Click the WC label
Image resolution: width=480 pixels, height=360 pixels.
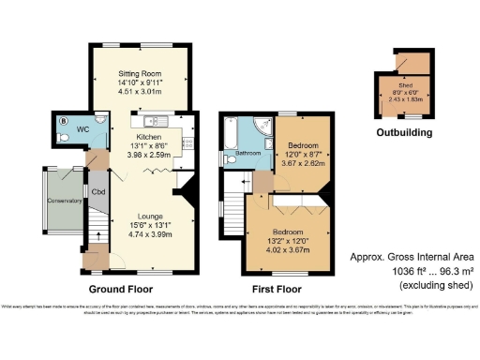click(82, 128)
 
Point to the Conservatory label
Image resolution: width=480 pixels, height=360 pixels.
click(65, 200)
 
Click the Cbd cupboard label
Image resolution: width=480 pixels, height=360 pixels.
click(97, 190)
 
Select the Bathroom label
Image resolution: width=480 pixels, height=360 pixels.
click(247, 152)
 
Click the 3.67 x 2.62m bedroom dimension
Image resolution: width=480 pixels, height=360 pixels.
click(303, 162)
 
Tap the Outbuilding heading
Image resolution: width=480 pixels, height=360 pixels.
click(404, 133)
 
